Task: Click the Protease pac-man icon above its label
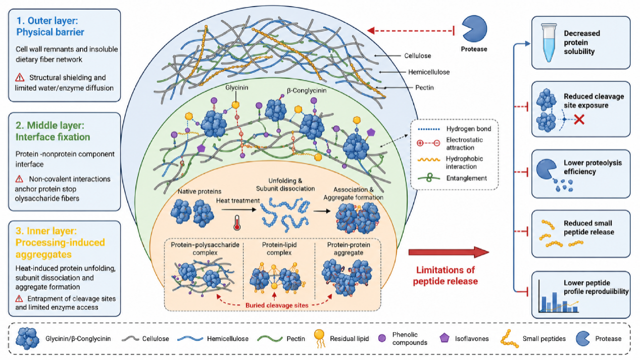(x=474, y=29)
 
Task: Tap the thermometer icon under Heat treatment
(x=237, y=223)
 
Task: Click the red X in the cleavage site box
(x=579, y=119)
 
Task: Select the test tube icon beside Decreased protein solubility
(x=549, y=43)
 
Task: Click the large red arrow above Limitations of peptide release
(x=449, y=252)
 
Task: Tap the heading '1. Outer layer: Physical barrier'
(x=51, y=26)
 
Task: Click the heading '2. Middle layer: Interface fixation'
(x=53, y=131)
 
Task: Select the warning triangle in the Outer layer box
(x=20, y=77)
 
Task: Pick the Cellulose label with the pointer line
(x=417, y=56)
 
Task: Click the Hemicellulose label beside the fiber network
(x=429, y=72)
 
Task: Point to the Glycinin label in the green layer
(x=236, y=88)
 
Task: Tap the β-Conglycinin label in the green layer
(x=307, y=90)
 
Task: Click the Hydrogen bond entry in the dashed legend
(x=469, y=129)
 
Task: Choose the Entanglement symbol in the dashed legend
(x=429, y=178)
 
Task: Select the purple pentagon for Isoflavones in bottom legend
(x=445, y=338)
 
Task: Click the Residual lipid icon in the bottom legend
(x=319, y=339)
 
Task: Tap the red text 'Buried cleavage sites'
(x=277, y=305)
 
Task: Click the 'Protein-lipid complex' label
(x=279, y=248)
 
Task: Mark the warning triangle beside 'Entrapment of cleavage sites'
(x=19, y=298)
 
